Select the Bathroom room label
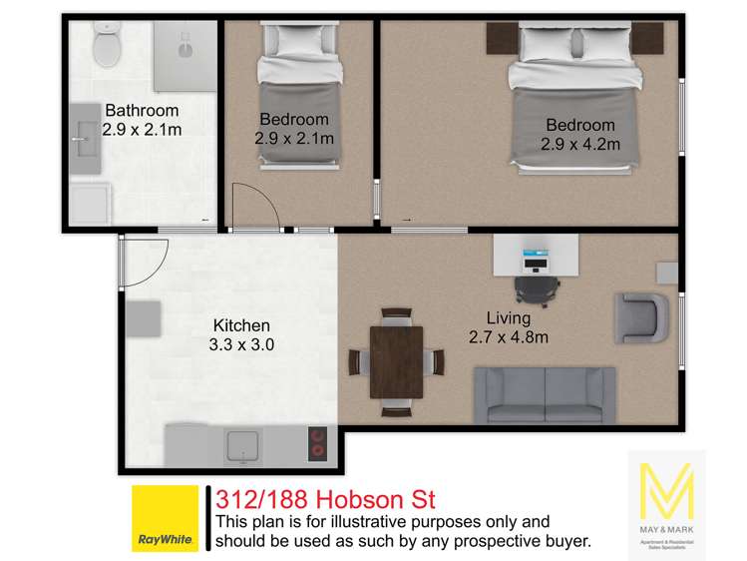pyautogui.click(x=142, y=111)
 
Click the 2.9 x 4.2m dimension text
pyautogui.click(x=580, y=144)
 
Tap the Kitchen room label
pyautogui.click(x=241, y=326)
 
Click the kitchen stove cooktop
pyautogui.click(x=318, y=441)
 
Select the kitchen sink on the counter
pyautogui.click(x=242, y=445)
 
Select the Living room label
pyautogui.click(x=509, y=318)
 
